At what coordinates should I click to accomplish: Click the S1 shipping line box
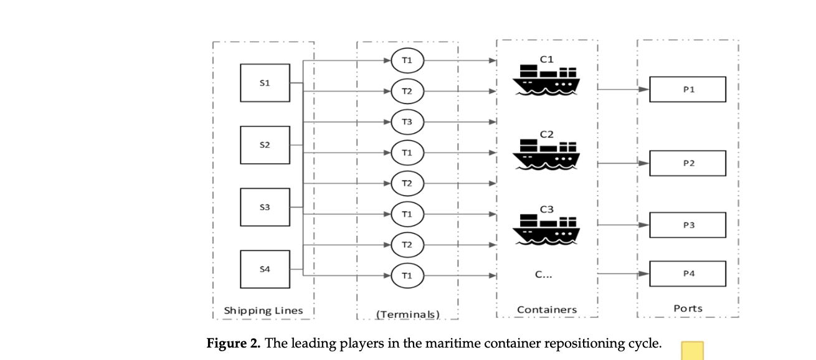pos(265,83)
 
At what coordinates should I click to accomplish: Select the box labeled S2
pos(265,145)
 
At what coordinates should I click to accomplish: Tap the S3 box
pos(265,207)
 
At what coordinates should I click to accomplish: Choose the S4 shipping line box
pos(265,269)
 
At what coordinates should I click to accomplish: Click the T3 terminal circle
pos(407,121)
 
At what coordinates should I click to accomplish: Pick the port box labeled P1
pos(688,89)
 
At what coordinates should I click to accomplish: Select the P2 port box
pos(688,163)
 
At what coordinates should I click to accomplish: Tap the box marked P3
pos(688,225)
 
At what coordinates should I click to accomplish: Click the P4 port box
pos(688,273)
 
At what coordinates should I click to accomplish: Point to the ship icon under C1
pos(546,80)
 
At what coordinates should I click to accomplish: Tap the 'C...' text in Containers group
pos(543,274)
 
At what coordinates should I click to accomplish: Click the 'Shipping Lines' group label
pos(263,310)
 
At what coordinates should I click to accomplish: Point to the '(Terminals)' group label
pos(408,314)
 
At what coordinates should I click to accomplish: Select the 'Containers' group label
pos(547,310)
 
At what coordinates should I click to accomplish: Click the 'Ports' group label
pos(688,308)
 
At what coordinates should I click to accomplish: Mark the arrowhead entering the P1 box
pos(645,89)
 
